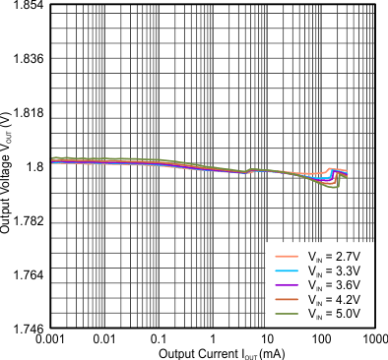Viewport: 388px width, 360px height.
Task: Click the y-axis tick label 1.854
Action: tap(28, 6)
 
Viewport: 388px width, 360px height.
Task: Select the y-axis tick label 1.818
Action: tap(28, 113)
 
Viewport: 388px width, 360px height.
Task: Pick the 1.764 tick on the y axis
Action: tap(28, 274)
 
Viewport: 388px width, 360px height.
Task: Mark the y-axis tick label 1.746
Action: tap(28, 328)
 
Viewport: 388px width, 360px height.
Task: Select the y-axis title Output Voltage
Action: tap(8, 167)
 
